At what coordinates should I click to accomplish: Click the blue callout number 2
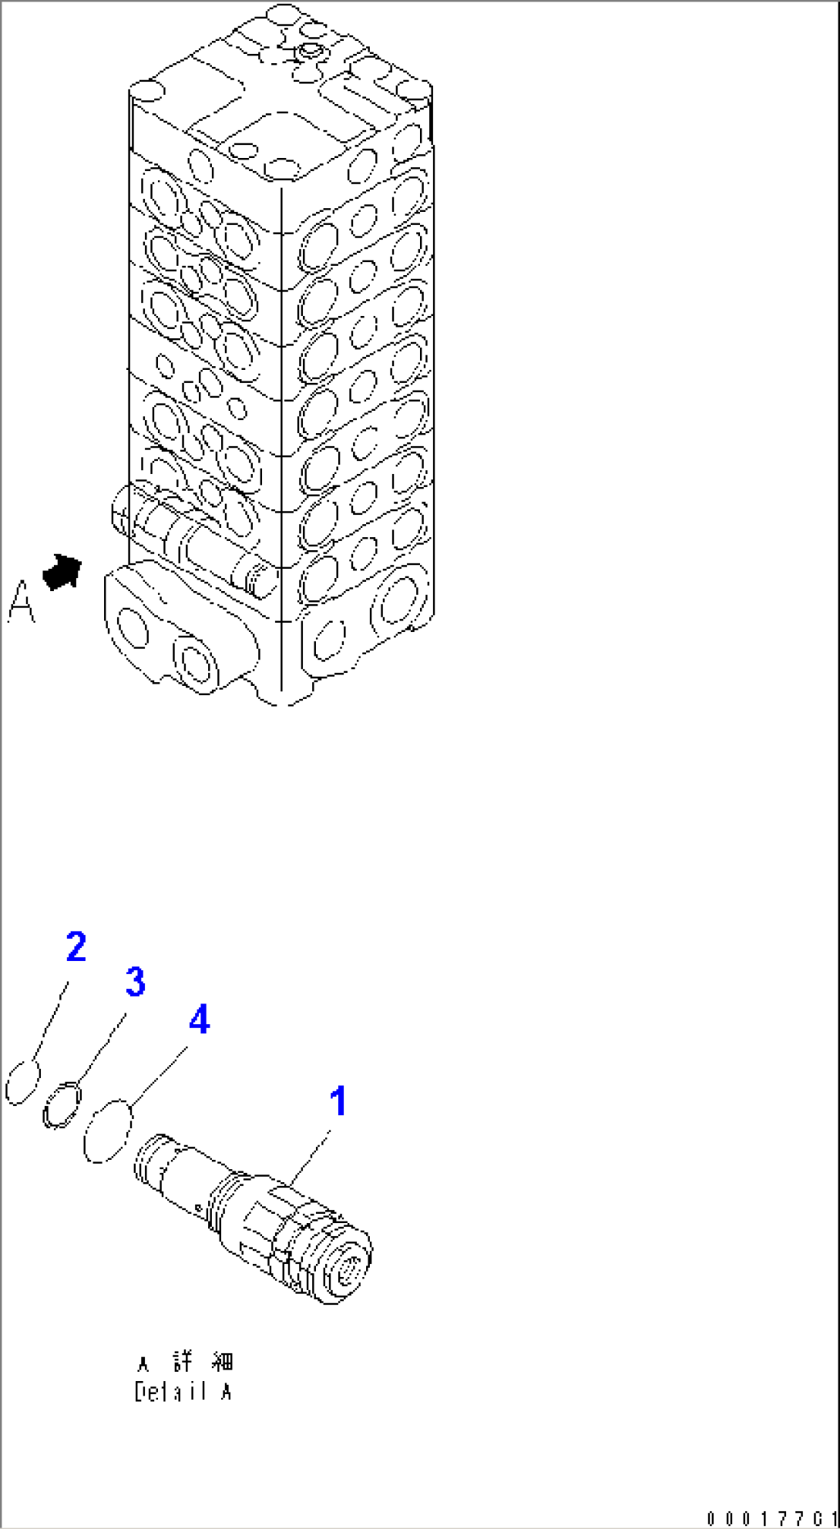click(x=76, y=947)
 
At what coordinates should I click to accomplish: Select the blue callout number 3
click(x=135, y=983)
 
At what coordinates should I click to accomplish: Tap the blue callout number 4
click(x=199, y=1021)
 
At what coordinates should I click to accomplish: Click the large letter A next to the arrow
click(x=21, y=602)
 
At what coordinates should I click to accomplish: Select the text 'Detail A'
click(x=183, y=1393)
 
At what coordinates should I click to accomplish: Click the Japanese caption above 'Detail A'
click(x=185, y=1363)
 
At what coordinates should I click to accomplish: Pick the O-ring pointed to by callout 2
click(x=22, y=1083)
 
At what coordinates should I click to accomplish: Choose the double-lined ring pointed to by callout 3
click(x=62, y=1104)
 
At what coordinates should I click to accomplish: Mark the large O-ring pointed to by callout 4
click(x=108, y=1130)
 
